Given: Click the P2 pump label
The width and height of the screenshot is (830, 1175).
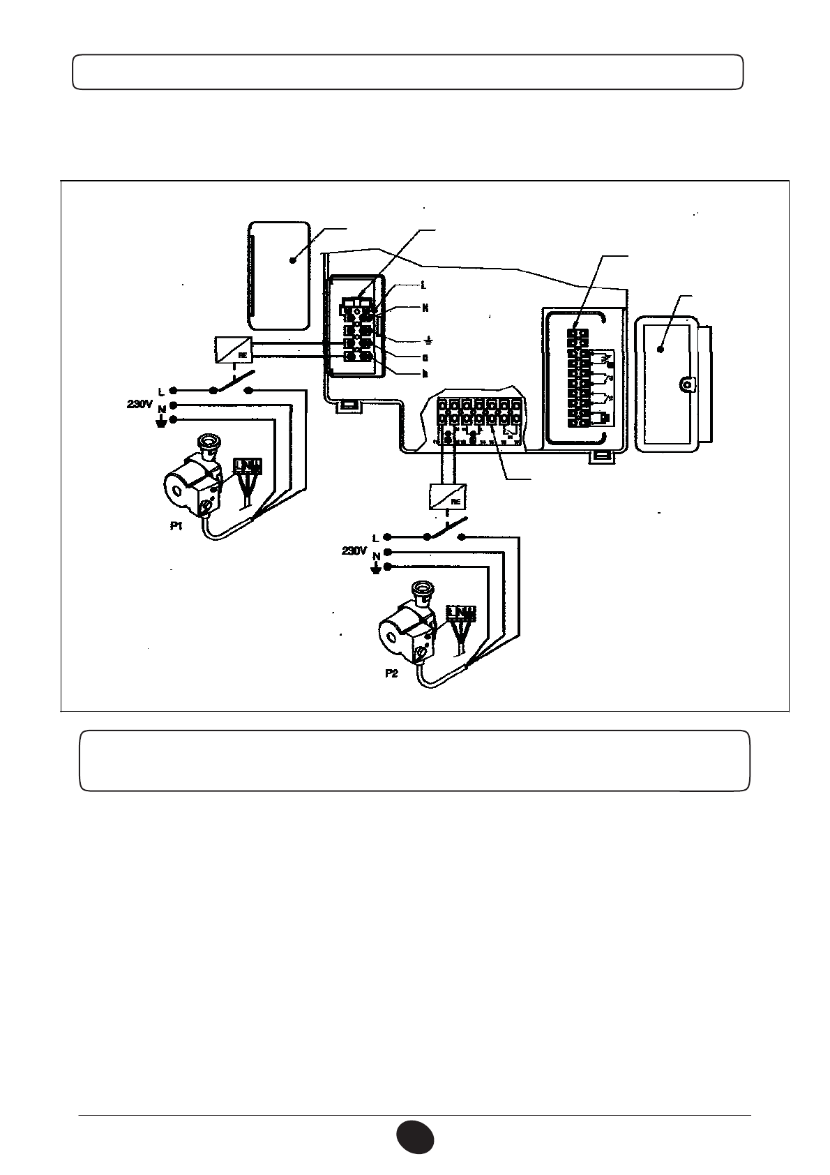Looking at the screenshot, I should tap(391, 675).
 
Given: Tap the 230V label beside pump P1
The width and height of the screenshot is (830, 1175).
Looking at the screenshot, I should tap(140, 404).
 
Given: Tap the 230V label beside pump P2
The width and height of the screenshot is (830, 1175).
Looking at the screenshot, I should tap(354, 551).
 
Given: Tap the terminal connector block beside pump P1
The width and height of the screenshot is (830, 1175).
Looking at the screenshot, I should tap(248, 465).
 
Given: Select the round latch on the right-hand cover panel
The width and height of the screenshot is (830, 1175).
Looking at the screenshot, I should tap(688, 384).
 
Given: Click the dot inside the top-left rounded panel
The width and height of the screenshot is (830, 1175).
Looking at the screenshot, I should tap(293, 260).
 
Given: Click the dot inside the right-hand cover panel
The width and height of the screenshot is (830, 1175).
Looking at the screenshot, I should tap(661, 347).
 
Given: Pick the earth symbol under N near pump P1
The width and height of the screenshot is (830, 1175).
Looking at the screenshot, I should tap(161, 421).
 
